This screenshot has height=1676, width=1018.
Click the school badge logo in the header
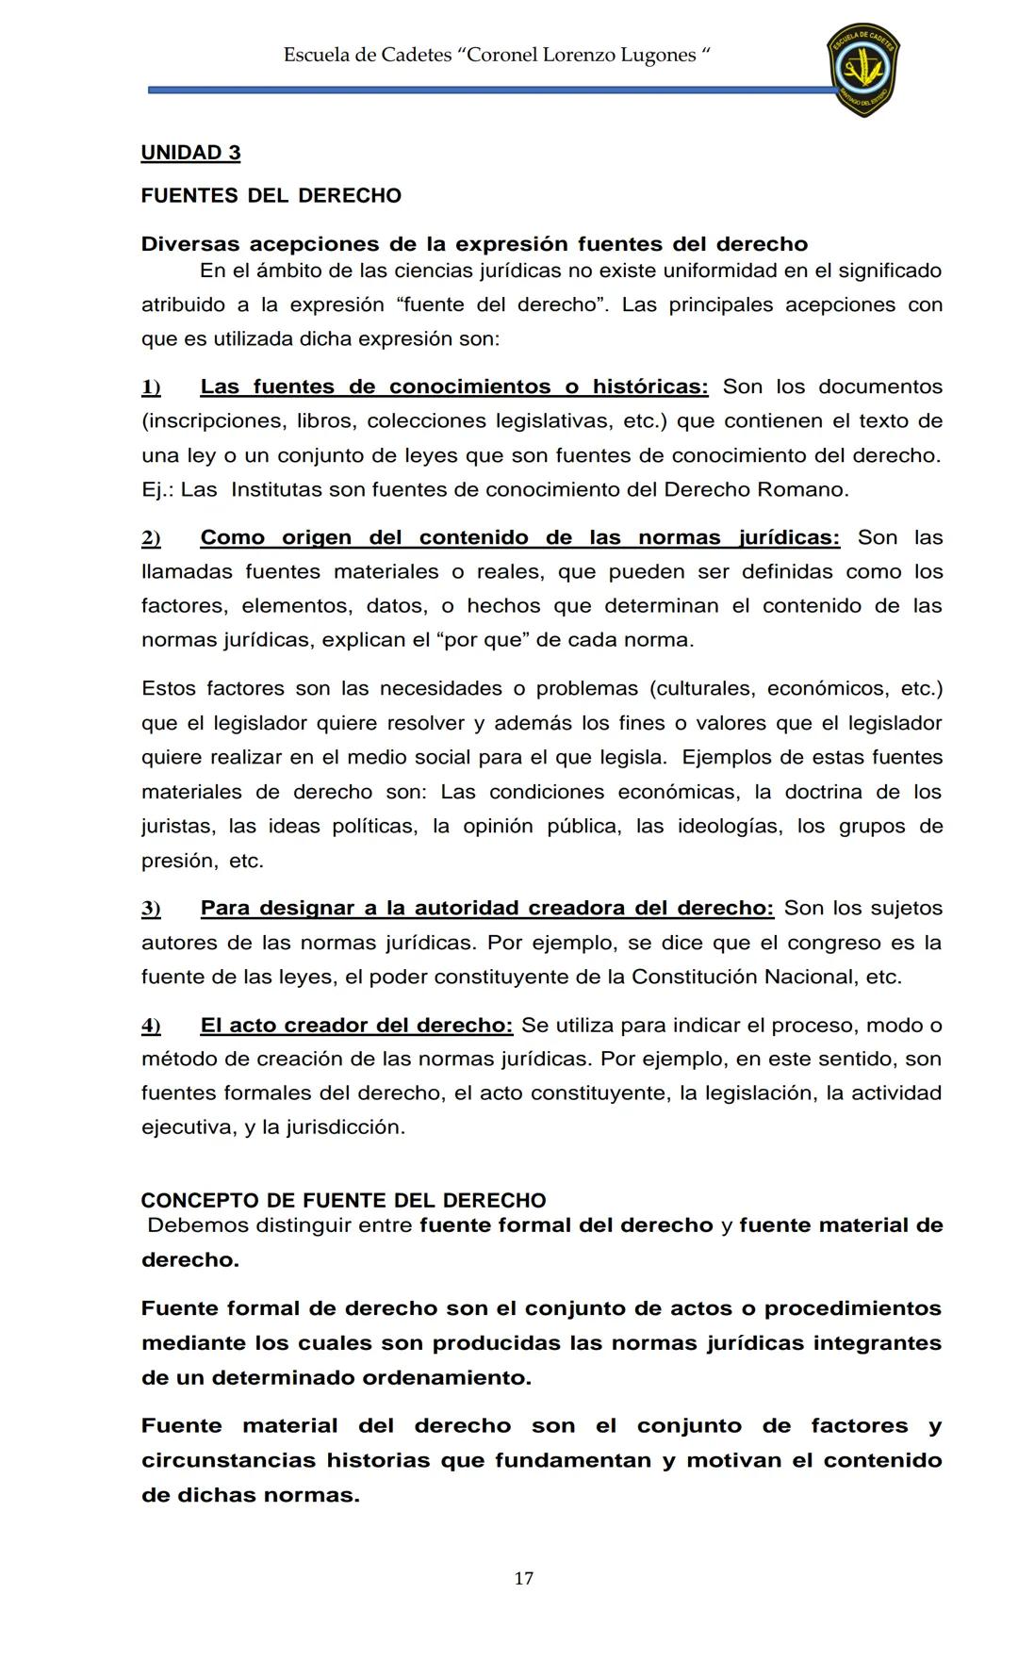[862, 70]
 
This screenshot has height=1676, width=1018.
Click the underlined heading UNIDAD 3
[190, 153]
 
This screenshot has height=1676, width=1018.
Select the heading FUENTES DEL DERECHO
[271, 196]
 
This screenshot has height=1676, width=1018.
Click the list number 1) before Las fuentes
[151, 387]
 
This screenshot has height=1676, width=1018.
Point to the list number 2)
[151, 538]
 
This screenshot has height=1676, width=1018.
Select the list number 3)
[151, 909]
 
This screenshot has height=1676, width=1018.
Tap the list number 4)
[151, 1026]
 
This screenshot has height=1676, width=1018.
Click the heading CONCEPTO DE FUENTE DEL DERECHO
[343, 1201]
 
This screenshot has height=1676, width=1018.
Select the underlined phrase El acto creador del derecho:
[356, 1025]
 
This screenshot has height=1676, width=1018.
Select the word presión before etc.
[176, 862]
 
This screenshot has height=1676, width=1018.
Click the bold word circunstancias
[229, 1461]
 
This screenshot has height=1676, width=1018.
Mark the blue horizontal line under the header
[490, 90]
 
